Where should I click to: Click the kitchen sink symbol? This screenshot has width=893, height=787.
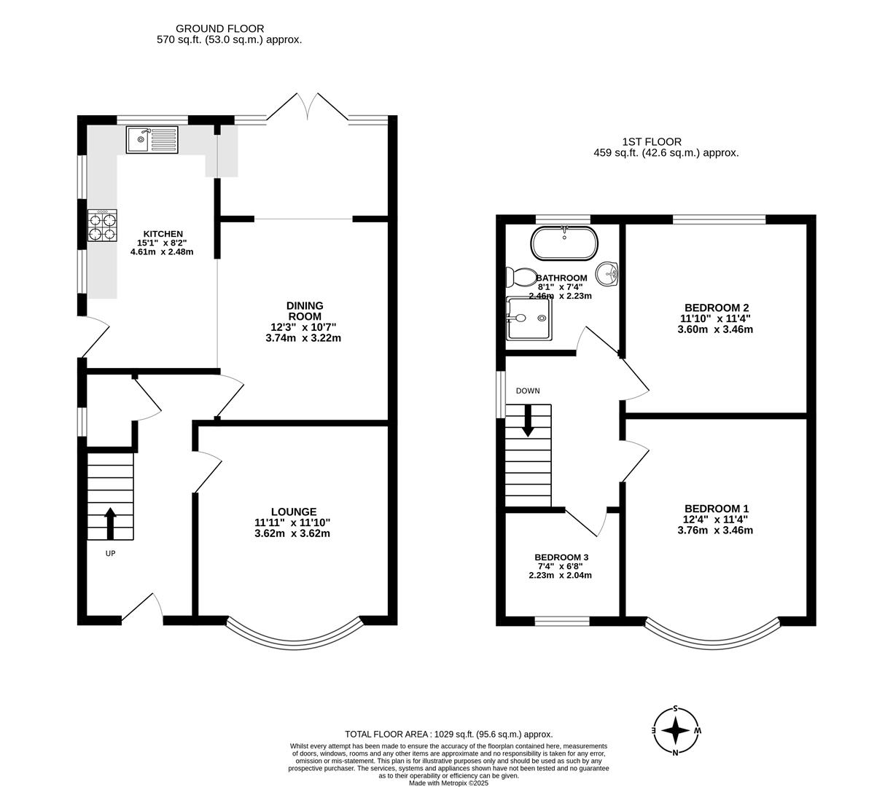[x=152, y=139]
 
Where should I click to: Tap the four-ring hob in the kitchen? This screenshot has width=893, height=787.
[x=103, y=225]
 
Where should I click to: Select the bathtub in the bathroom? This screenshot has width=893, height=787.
[x=564, y=243]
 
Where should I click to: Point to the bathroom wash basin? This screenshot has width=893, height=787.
[x=608, y=274]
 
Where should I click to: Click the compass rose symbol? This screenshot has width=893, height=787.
[x=676, y=730]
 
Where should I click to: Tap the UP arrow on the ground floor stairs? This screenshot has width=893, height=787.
[x=110, y=522]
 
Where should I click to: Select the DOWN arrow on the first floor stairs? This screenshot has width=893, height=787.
[x=528, y=421]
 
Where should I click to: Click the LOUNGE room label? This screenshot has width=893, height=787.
[x=293, y=512]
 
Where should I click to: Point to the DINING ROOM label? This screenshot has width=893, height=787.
[x=304, y=311]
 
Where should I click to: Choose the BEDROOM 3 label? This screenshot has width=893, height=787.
[x=561, y=557]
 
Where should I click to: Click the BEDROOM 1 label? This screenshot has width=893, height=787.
[x=716, y=509]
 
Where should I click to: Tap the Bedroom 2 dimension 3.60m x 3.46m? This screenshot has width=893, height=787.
[x=714, y=329]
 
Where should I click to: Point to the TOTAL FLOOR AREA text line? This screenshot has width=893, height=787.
[x=448, y=735]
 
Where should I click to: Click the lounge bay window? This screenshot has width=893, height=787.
[x=294, y=633]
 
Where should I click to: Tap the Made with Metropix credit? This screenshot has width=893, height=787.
[x=448, y=783]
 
